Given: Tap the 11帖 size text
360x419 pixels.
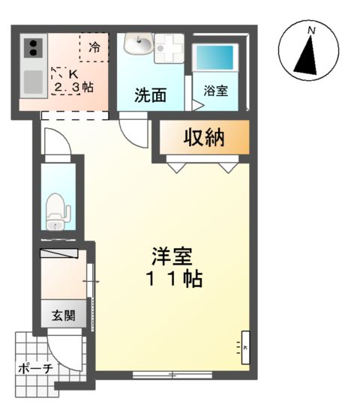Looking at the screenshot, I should tap(171, 280).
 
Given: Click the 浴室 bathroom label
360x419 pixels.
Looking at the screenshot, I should tap(216, 91).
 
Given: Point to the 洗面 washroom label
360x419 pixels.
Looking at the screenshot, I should tap(150, 95).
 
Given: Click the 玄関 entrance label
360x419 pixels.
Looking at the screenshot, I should tap(63, 316).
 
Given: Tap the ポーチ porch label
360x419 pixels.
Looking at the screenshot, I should tap(34, 369).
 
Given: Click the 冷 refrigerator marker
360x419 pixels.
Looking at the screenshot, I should tap(94, 47).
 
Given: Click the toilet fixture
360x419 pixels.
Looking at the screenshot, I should tap(56, 211).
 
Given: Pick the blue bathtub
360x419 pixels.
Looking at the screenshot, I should tap(216, 58).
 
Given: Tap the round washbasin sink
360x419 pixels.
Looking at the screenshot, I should tap(137, 46).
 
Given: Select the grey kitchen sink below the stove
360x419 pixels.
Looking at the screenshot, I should tap(34, 81).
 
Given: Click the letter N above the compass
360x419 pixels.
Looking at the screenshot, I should tap(310, 30).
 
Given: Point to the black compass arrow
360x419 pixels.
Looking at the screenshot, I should tap(306, 56).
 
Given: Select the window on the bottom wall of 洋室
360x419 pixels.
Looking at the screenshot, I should tap(171, 373).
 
